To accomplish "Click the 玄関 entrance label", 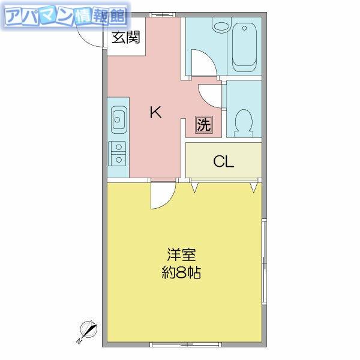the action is pos(125,38).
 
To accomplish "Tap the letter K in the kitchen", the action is pos(155,112).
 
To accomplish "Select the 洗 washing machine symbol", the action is pos(204,124).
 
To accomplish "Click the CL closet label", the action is pos(223,161).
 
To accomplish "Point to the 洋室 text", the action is pos(181,254).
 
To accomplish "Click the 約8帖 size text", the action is pos(181,272).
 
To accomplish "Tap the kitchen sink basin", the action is pos(119,119).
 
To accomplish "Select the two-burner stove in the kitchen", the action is pos(117,154).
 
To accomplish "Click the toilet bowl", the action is pos(244,124).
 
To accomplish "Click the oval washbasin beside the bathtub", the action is pos(221,27).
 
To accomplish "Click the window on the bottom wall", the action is pos(186,344).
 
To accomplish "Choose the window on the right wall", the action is pos(265,262).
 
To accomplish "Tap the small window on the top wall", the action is pos(163,14).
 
